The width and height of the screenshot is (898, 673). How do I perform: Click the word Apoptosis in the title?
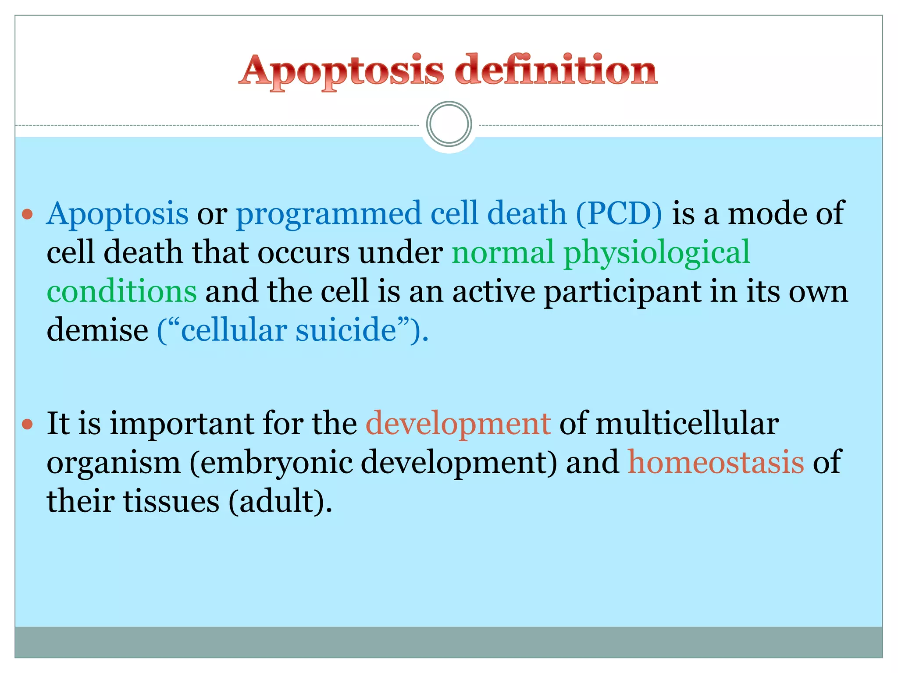point(341,71)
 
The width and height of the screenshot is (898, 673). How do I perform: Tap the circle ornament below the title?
point(449,124)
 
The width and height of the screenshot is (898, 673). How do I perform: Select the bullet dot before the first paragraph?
point(28,214)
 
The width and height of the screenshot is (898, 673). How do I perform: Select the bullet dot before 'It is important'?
point(28,424)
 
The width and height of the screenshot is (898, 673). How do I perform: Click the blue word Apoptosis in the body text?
point(118,214)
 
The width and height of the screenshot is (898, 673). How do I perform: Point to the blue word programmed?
point(329,214)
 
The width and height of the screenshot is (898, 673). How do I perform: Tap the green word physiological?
point(656,253)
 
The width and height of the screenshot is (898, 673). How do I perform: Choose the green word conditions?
point(121,291)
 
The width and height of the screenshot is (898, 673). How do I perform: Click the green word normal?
point(502,252)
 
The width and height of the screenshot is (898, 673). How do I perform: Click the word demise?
point(97,330)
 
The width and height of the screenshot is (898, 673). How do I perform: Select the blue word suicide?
point(346,330)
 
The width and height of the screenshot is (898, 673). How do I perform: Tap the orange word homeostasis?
point(716,462)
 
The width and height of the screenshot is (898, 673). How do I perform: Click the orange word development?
point(458,424)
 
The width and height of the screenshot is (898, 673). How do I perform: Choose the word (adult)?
point(280,501)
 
